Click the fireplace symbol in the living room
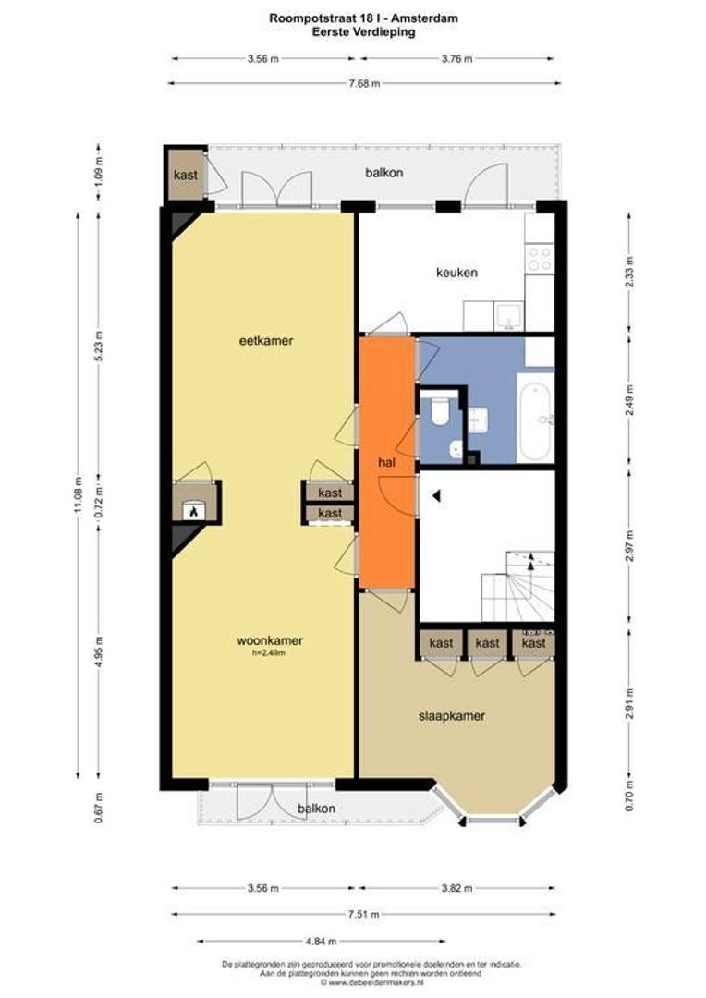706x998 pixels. point(193,510)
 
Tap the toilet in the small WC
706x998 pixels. point(440,410)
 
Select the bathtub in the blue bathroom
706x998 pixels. point(535,417)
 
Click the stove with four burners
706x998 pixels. point(540,258)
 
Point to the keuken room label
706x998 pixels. point(456,273)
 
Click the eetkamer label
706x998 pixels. point(266,340)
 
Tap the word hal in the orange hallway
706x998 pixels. point(386,463)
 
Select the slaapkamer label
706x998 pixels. point(451,716)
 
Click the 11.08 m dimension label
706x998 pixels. point(79,494)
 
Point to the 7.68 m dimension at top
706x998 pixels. point(365,83)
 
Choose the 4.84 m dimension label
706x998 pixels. point(321,941)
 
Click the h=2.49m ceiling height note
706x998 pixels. point(269,652)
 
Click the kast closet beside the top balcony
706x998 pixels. point(185,175)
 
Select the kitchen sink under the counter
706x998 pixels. point(509,316)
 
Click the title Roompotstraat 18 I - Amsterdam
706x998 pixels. point(363,18)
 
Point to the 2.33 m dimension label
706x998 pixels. point(629,272)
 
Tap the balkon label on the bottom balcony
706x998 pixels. point(316,809)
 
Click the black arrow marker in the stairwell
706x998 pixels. point(436,495)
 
